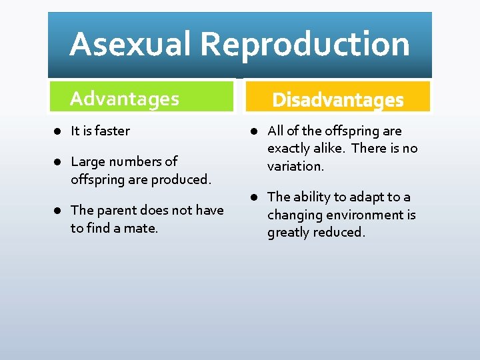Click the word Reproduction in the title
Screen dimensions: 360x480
305,45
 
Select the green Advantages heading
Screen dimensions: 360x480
125,99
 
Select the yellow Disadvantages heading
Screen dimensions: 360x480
338,100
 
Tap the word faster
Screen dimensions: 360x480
112,131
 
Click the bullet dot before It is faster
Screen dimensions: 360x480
59,131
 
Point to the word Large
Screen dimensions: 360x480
87,161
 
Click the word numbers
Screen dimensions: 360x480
137,161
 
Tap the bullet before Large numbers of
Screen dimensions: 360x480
59,162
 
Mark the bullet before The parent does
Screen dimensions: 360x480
59,211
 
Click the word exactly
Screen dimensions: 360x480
290,148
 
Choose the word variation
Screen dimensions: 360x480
295,166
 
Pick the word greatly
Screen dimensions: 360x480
289,233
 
